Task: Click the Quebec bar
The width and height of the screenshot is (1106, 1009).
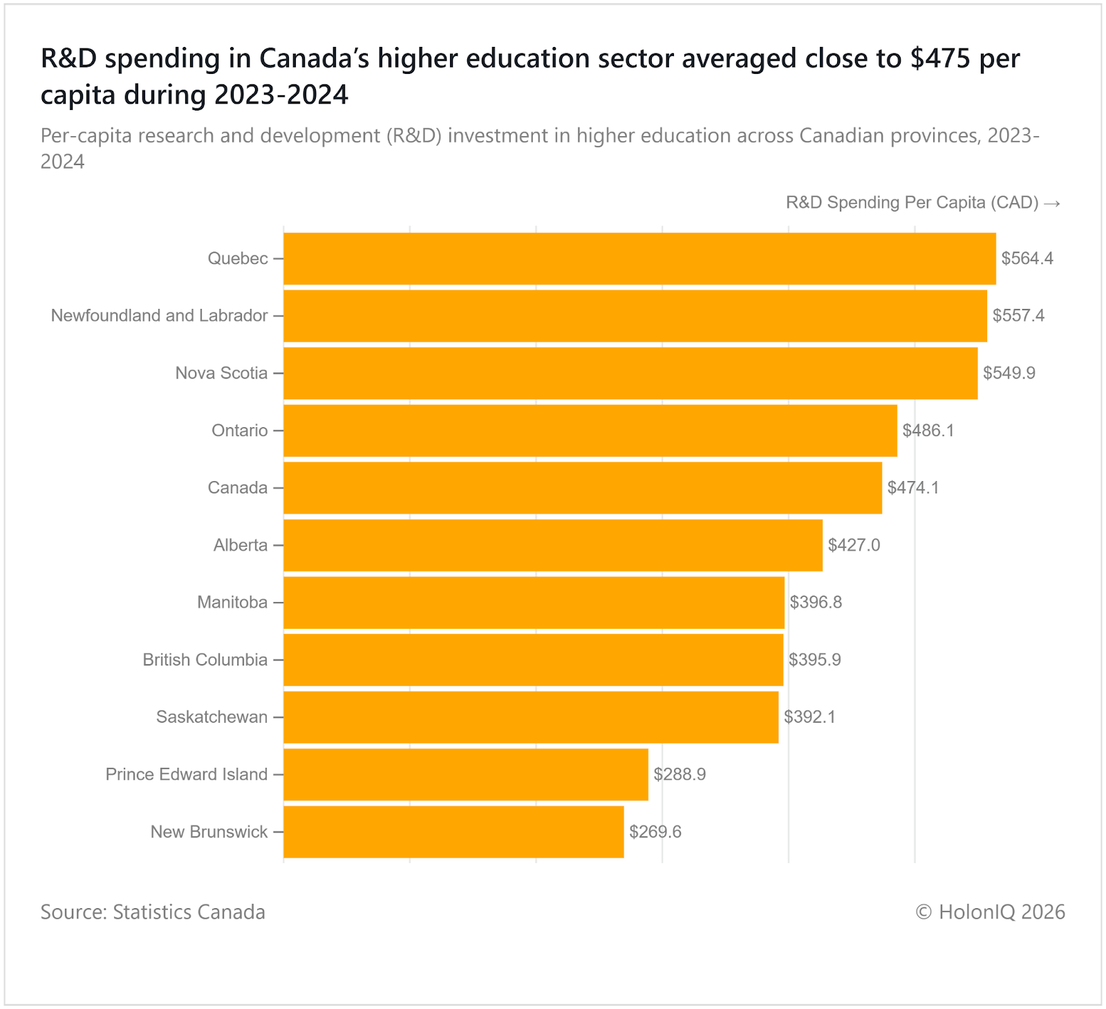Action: click(639, 258)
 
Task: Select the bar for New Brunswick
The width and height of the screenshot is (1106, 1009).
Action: click(453, 831)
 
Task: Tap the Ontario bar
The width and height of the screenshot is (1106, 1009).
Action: click(590, 431)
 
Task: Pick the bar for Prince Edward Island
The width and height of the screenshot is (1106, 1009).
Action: click(466, 774)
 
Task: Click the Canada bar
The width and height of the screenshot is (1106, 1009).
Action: click(583, 488)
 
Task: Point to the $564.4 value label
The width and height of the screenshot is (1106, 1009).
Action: click(1027, 258)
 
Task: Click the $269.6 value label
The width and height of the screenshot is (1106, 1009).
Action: click(655, 831)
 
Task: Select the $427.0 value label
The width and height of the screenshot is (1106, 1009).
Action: click(854, 545)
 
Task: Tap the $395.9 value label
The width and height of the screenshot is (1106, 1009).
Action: click(815, 660)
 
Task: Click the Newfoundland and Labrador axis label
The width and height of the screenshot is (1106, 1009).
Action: click(159, 316)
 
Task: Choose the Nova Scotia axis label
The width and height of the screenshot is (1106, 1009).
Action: click(221, 373)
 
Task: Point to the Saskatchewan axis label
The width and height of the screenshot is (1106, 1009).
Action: click(212, 717)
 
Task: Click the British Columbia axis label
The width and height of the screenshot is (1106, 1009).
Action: click(205, 660)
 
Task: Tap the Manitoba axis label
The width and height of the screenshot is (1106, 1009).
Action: click(232, 603)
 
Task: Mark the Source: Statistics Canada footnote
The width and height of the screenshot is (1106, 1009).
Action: click(153, 912)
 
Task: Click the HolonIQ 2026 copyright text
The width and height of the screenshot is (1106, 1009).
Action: click(990, 912)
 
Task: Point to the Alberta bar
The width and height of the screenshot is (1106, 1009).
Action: click(553, 545)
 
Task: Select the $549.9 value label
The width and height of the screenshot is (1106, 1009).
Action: click(1009, 373)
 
